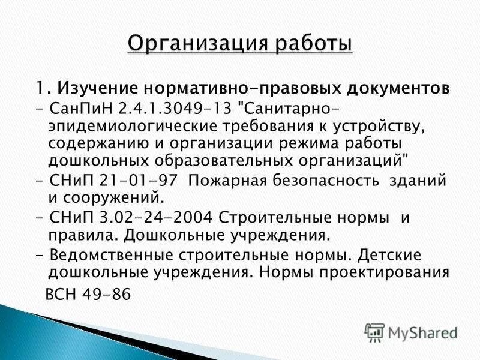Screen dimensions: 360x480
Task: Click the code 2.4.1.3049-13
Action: pos(160,109)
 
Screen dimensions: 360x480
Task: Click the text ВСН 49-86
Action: pos(88,296)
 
